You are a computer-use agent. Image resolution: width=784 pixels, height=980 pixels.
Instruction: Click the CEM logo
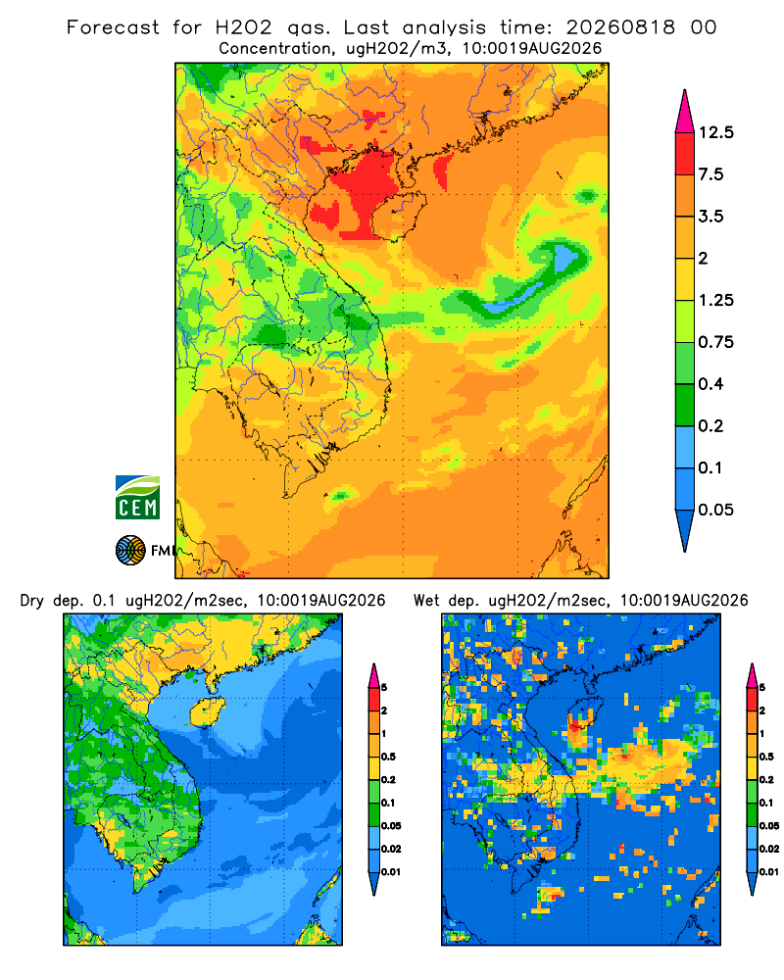[x=137, y=498]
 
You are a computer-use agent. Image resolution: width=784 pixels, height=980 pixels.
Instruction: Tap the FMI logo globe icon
[x=130, y=551]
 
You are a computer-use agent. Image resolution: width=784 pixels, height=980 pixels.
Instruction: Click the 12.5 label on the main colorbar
[x=715, y=132]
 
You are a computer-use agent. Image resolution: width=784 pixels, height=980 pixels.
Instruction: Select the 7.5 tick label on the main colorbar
[x=710, y=174]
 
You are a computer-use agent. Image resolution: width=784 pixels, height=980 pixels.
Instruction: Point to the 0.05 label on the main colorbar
[x=715, y=510]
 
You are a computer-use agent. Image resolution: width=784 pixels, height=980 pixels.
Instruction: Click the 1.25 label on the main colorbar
[x=715, y=300]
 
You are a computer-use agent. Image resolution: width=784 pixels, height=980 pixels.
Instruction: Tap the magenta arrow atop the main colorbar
[x=685, y=112]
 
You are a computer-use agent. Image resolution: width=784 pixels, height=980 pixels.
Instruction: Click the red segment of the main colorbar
[x=685, y=154]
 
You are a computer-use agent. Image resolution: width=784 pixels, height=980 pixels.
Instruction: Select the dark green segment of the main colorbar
[x=685, y=405]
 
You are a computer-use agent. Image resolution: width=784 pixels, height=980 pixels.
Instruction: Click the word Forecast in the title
[x=113, y=27]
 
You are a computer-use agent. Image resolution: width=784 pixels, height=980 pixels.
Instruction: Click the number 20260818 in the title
[x=620, y=27]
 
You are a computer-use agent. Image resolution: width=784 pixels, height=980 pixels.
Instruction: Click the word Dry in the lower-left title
[x=32, y=602]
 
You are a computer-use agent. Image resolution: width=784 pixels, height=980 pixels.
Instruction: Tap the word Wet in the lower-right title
[x=427, y=601]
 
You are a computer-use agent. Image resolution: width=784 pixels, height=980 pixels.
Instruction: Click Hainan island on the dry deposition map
[x=208, y=711]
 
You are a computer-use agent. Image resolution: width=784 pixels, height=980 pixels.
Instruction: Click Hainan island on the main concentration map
[x=399, y=217]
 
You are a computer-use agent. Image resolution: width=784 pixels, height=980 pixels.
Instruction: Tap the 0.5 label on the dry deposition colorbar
[x=388, y=757]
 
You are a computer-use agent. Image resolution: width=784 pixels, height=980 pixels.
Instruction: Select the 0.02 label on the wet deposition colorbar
[x=768, y=849]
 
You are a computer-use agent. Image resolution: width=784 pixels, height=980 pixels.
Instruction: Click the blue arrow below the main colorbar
[x=685, y=531]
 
